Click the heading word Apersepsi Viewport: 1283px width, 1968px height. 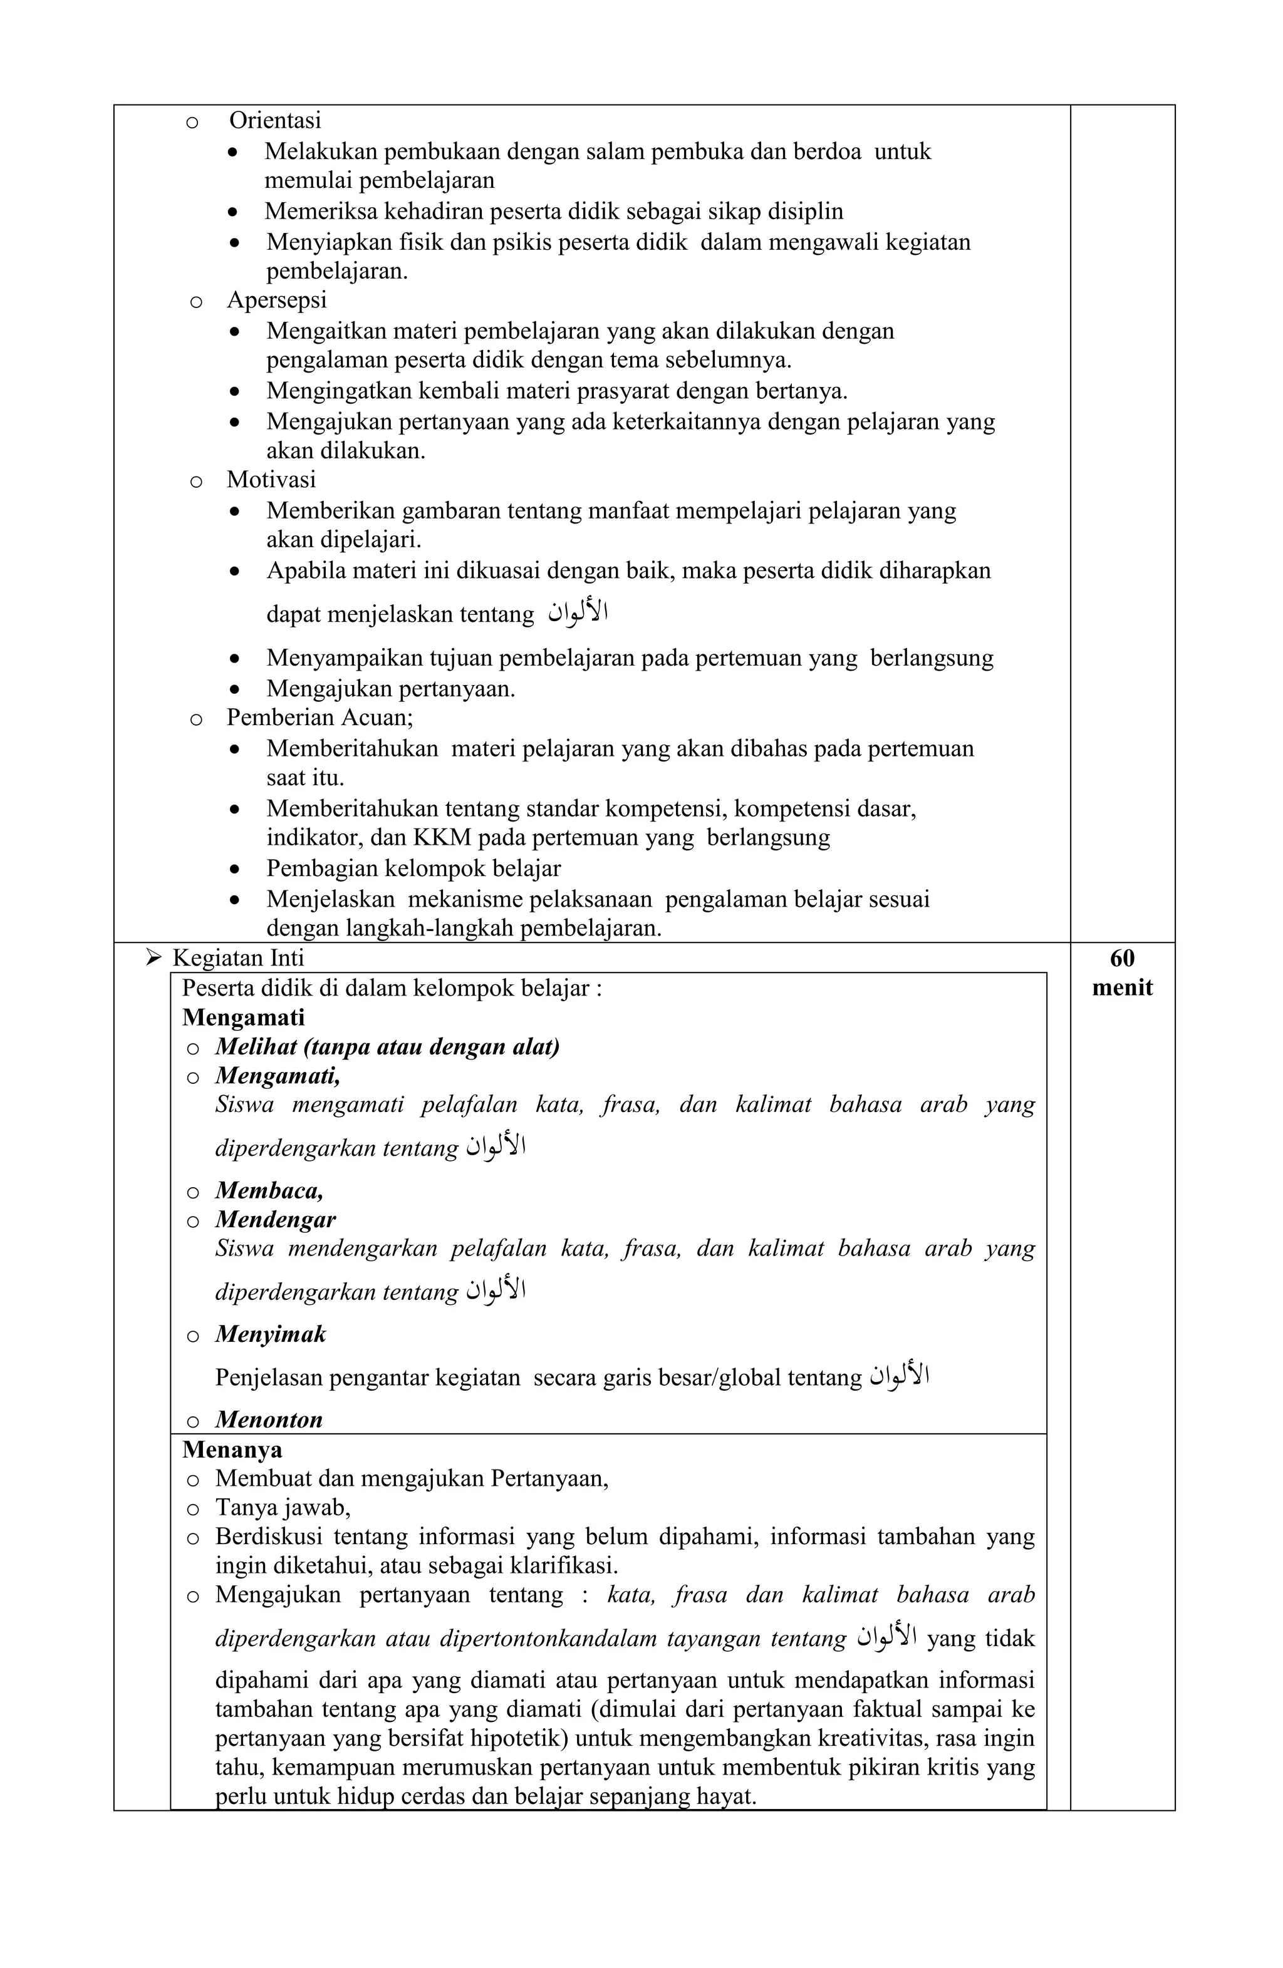pyautogui.click(x=276, y=299)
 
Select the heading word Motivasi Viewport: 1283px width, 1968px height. pyautogui.click(x=271, y=480)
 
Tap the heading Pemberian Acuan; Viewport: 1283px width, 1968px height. pyautogui.click(x=319, y=717)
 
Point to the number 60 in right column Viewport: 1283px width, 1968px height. pyautogui.click(x=1122, y=959)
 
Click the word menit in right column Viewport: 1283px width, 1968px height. pyautogui.click(x=1122, y=988)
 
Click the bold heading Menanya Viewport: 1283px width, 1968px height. pyautogui.click(x=232, y=1450)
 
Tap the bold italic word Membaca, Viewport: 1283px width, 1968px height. pyautogui.click(x=269, y=1191)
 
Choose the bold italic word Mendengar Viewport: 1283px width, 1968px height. pyautogui.click(x=276, y=1220)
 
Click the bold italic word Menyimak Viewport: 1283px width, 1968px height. pyautogui.click(x=271, y=1334)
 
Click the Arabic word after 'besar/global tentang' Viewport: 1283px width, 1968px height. pyautogui.click(x=898, y=1375)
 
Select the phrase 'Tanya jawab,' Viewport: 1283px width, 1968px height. pyautogui.click(x=283, y=1507)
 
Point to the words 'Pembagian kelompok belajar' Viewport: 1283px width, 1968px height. pyautogui.click(x=413, y=868)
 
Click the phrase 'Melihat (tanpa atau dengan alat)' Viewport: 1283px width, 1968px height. pyautogui.click(x=387, y=1048)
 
